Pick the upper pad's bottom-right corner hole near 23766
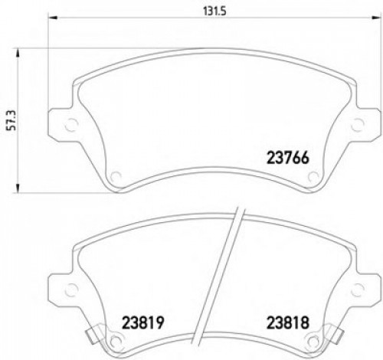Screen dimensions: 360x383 click(313, 178)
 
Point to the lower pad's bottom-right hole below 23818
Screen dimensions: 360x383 click(313, 342)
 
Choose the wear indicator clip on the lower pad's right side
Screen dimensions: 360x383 click(335, 335)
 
